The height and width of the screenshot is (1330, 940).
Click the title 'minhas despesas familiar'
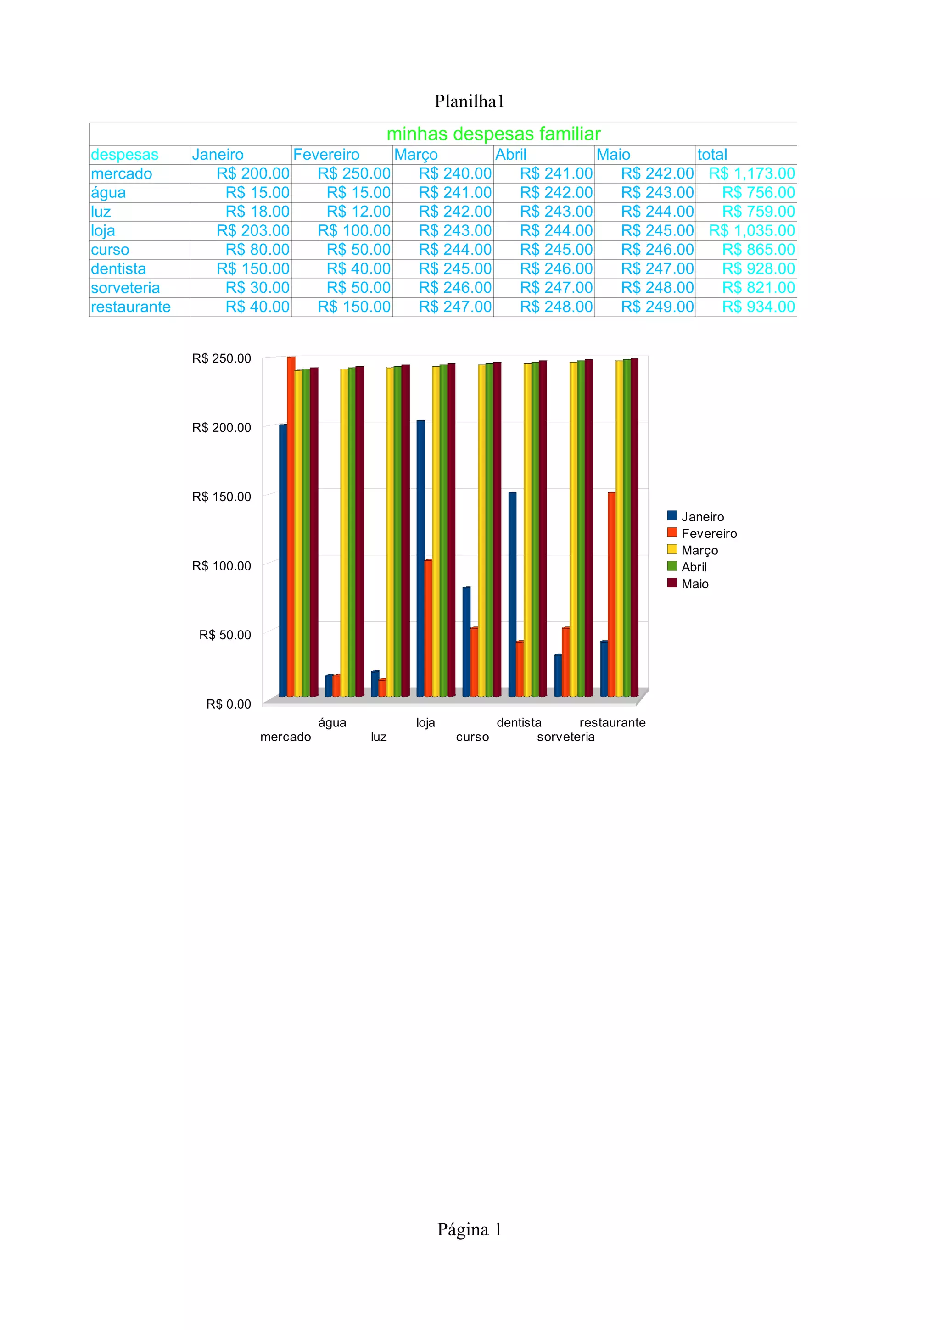click(x=493, y=134)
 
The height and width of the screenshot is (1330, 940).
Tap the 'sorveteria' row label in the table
click(x=125, y=288)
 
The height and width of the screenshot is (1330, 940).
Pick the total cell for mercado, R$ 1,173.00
click(x=751, y=174)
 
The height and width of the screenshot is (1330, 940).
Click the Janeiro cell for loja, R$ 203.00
click(x=252, y=230)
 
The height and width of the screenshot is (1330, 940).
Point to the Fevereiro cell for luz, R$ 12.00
click(x=358, y=212)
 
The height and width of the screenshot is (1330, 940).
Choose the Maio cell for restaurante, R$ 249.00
click(x=657, y=307)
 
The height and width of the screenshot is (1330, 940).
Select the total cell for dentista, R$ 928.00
click(x=758, y=269)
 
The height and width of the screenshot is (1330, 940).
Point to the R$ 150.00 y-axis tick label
click(x=221, y=497)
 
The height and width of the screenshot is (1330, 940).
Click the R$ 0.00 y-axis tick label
click(x=228, y=704)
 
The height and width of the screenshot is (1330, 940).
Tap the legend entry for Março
click(x=699, y=550)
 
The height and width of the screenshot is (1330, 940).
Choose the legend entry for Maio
click(x=694, y=584)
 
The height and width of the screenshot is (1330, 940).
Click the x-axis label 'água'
click(x=332, y=723)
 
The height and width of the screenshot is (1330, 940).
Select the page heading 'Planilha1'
click(x=469, y=101)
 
